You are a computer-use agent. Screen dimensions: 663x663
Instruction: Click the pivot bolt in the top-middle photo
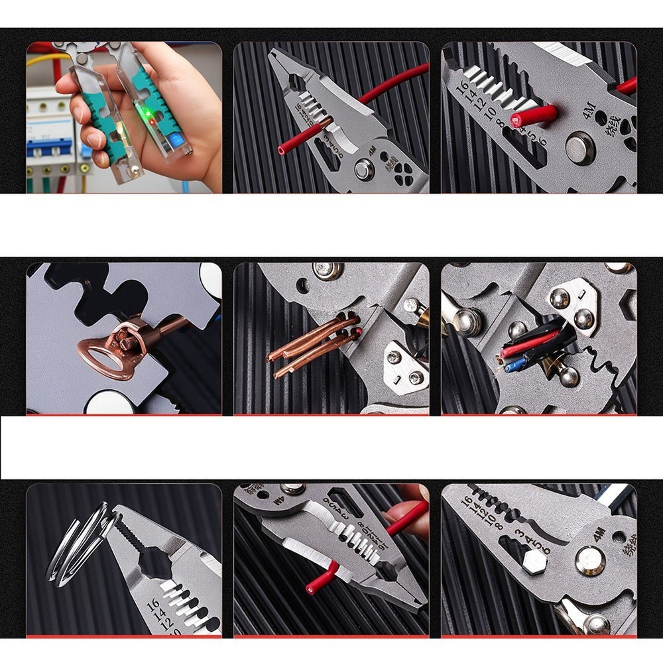[x=364, y=170]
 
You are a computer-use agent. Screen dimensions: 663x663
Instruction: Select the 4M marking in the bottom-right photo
[x=601, y=534]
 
